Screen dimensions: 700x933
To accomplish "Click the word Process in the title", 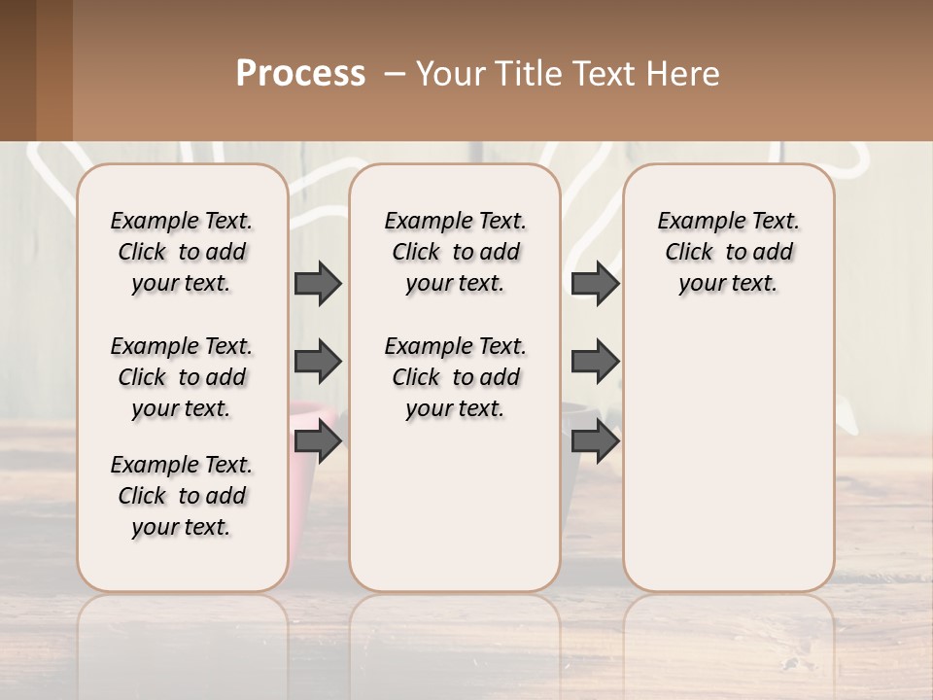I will coord(300,74).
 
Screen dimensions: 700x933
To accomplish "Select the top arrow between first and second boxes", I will coord(318,284).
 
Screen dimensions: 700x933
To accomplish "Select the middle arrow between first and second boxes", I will coord(318,362).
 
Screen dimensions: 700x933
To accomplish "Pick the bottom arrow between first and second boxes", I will coord(318,442).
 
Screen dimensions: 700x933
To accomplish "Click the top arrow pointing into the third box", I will coord(595,284).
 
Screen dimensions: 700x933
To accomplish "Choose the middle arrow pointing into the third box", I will coord(595,362).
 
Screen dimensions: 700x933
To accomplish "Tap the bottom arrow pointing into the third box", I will coord(595,442).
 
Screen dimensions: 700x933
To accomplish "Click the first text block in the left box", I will coord(182,252).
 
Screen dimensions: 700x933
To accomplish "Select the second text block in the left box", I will coord(182,377).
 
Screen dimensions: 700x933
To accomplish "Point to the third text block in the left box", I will coord(182,496).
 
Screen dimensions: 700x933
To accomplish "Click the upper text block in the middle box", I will coord(455,252).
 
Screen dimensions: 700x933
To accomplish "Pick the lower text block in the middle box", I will coord(455,377).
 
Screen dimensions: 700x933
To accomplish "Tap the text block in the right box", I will coord(729,252).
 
